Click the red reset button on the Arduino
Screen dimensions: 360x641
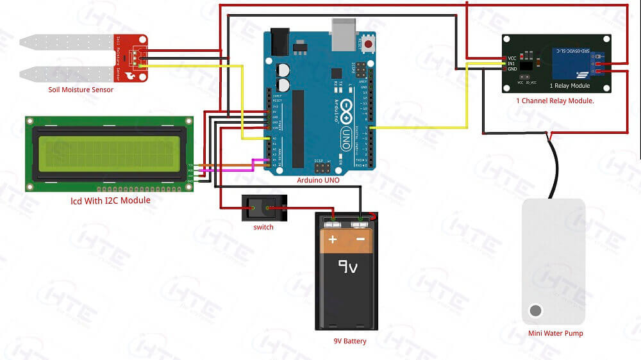click(x=369, y=44)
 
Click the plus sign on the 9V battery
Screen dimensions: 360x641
click(x=333, y=240)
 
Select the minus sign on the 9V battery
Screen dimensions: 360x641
click(x=360, y=240)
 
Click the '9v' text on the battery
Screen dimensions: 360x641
click(x=347, y=266)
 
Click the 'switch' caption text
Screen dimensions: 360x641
click(x=263, y=227)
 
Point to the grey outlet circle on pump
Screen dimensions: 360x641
click(x=535, y=311)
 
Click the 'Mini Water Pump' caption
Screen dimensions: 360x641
click(x=555, y=333)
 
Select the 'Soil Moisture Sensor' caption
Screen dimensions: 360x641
click(x=81, y=90)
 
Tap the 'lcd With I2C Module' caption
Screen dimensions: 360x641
click(x=110, y=200)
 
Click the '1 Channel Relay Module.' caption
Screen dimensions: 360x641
click(x=555, y=101)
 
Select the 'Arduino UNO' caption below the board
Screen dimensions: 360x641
click(x=318, y=180)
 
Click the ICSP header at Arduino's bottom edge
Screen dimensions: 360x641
click(x=321, y=167)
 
